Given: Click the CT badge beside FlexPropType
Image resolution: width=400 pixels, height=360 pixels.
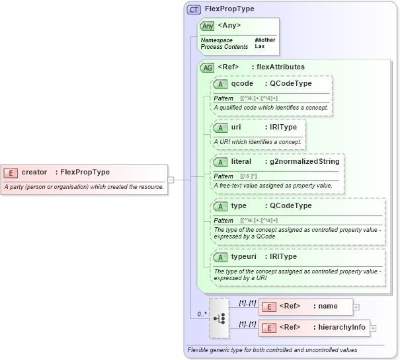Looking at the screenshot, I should click(194, 9).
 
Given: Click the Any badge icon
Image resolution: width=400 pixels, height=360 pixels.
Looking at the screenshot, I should click(208, 26).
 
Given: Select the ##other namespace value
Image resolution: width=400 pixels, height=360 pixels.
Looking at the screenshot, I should click(264, 40).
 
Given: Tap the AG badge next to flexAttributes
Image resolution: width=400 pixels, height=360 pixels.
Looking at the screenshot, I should click(208, 67).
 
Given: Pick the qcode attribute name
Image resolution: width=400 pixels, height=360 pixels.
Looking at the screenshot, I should click(242, 83).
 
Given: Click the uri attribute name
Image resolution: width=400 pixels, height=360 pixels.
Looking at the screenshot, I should click(236, 127).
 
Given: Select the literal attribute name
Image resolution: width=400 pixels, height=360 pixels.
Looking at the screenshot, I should click(241, 161).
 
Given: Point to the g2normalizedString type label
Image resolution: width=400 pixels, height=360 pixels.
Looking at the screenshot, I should click(304, 161).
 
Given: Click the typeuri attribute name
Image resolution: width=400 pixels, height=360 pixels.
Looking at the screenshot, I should click(245, 256).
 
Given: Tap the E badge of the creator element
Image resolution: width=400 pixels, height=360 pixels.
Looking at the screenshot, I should click(11, 172).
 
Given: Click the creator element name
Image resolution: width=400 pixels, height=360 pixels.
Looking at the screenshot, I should click(34, 172).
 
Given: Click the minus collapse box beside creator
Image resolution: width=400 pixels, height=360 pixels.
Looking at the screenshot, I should click(171, 179).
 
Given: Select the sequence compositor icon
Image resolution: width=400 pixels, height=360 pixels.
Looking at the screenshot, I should click(219, 318).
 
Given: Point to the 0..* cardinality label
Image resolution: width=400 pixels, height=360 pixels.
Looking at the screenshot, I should click(202, 314).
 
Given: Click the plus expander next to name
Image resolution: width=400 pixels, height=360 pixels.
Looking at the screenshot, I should click(356, 306).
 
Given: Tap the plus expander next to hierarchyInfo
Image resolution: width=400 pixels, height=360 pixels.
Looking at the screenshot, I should click(373, 328).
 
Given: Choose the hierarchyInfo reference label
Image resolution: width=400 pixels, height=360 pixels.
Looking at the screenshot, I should click(341, 327).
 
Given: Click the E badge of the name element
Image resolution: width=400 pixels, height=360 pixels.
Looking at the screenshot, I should click(269, 306).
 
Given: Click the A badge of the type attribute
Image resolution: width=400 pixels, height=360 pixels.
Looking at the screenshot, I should click(221, 206).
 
